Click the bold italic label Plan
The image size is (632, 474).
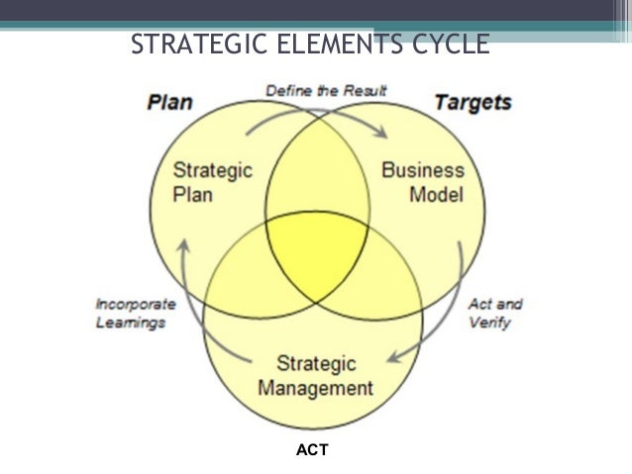(x=169, y=102)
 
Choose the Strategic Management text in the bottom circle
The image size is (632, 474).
(x=315, y=374)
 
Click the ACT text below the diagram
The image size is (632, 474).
(x=313, y=450)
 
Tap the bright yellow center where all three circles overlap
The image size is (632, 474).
(x=315, y=247)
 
